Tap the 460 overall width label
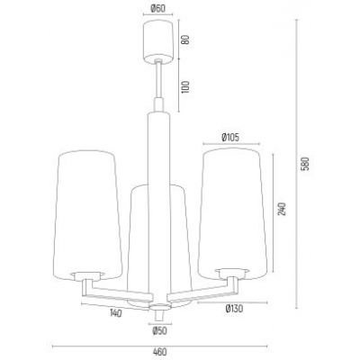[x=157, y=353]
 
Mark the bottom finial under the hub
[x=157, y=317]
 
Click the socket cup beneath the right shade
[x=232, y=274]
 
